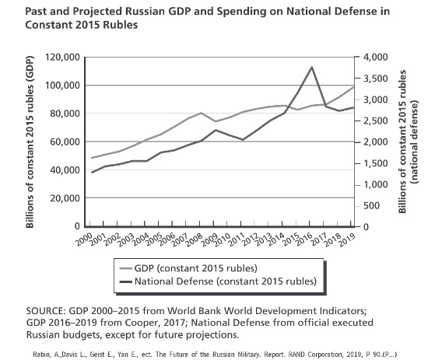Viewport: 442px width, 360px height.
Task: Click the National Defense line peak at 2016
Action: click(311, 67)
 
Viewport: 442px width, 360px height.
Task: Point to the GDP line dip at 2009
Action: click(216, 122)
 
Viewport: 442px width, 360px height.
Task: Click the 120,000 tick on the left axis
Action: click(62, 58)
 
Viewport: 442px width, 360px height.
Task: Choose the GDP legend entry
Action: click(188, 268)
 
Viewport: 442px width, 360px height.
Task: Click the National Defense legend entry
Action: click(218, 281)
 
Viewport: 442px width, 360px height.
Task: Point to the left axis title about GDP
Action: click(30, 142)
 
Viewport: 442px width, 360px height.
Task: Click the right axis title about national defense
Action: click(409, 142)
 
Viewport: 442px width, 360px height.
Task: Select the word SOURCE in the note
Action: click(46, 311)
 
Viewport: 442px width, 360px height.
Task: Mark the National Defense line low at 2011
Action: click(243, 140)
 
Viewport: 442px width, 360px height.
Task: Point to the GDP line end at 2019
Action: click(353, 87)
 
